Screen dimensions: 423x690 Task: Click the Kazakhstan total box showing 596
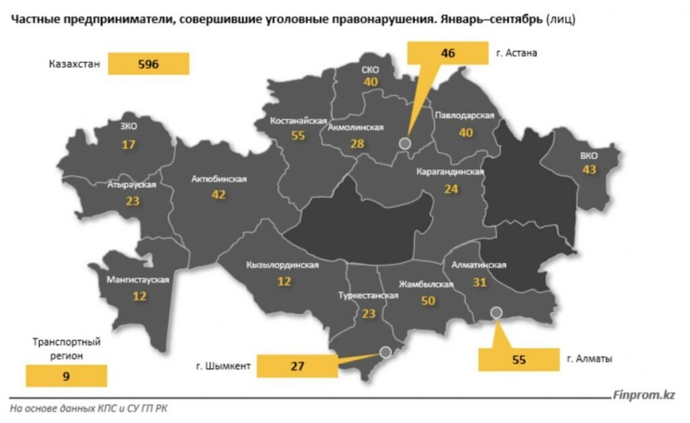coord(148,64)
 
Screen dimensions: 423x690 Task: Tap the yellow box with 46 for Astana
coord(449,53)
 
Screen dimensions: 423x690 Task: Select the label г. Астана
coord(521,53)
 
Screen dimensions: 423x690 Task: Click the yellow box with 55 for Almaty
coord(518,360)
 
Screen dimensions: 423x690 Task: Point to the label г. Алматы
coord(590,360)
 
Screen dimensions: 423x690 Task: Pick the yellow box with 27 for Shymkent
coord(297,366)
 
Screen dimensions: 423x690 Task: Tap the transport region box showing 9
coord(66,376)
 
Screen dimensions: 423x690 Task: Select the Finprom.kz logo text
coord(644,395)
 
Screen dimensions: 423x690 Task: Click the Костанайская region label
coord(293,121)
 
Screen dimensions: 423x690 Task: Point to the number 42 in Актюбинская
coord(218,195)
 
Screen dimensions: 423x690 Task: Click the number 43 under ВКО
coord(590,170)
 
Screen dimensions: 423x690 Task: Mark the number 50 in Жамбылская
coord(428,301)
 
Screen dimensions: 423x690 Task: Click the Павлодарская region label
coord(465,116)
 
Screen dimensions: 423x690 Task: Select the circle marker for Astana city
coord(404,143)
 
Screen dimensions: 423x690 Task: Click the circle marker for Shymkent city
coord(385,351)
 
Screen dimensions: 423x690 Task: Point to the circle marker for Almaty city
coord(497,312)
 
